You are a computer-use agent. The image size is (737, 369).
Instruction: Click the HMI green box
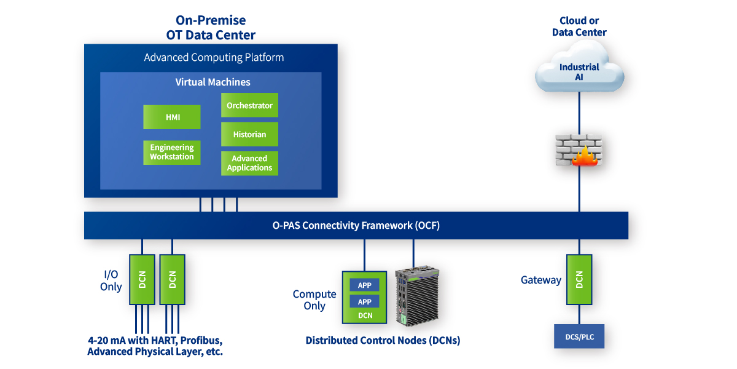(172, 117)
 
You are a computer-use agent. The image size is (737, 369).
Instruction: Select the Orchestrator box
(249, 105)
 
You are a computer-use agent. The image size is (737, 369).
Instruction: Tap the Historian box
(249, 134)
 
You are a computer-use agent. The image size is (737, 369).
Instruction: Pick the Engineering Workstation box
(172, 153)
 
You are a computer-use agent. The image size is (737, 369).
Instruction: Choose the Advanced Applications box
(249, 163)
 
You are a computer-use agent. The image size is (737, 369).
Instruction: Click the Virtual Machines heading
(213, 82)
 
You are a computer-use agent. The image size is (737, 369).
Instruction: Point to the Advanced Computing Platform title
(214, 57)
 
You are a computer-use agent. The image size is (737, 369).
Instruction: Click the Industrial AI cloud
(579, 68)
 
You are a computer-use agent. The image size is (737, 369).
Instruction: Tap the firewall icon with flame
(579, 150)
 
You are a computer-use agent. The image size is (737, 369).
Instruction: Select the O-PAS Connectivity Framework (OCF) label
(356, 225)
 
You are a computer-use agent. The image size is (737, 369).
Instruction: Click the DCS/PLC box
(579, 336)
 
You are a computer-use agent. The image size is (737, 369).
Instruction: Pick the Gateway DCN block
(579, 279)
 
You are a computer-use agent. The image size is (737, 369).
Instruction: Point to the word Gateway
(541, 280)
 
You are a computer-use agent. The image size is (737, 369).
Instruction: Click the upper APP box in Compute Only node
(364, 285)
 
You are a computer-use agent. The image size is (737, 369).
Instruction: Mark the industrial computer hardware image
(417, 296)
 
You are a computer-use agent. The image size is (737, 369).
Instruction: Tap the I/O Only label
(111, 280)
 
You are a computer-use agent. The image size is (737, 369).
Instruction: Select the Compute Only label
(314, 300)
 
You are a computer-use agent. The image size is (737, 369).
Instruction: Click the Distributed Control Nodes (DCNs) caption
(383, 340)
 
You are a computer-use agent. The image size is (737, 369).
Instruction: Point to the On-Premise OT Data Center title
(211, 28)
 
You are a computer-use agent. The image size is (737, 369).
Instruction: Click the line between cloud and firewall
(579, 113)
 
